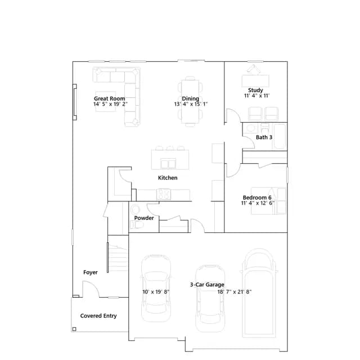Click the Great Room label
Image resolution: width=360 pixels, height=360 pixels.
[x=110, y=98]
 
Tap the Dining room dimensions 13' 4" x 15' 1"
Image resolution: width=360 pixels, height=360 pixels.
[x=191, y=104]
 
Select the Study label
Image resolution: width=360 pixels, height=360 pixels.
[x=255, y=90]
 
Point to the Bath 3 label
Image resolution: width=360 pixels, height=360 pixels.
[x=264, y=137]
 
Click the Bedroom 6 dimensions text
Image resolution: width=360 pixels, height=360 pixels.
[x=258, y=203]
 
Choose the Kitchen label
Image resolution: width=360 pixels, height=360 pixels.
[x=168, y=178]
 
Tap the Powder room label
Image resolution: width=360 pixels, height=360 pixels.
[x=144, y=218]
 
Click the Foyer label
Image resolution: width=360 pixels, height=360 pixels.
[x=91, y=272]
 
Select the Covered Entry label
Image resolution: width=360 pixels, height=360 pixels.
[x=98, y=316]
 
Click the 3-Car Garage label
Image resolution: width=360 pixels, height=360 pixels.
[x=207, y=285]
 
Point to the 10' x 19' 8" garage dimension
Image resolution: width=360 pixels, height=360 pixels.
[x=156, y=292]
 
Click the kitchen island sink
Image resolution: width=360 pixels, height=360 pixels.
[x=168, y=163]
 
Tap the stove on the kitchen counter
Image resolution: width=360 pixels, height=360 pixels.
[x=164, y=195]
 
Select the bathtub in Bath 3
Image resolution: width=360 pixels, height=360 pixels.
[x=280, y=137]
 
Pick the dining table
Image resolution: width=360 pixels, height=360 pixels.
[x=190, y=101]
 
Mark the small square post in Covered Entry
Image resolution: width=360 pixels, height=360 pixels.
[x=74, y=329]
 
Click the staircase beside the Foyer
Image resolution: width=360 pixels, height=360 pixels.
[x=118, y=258]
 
